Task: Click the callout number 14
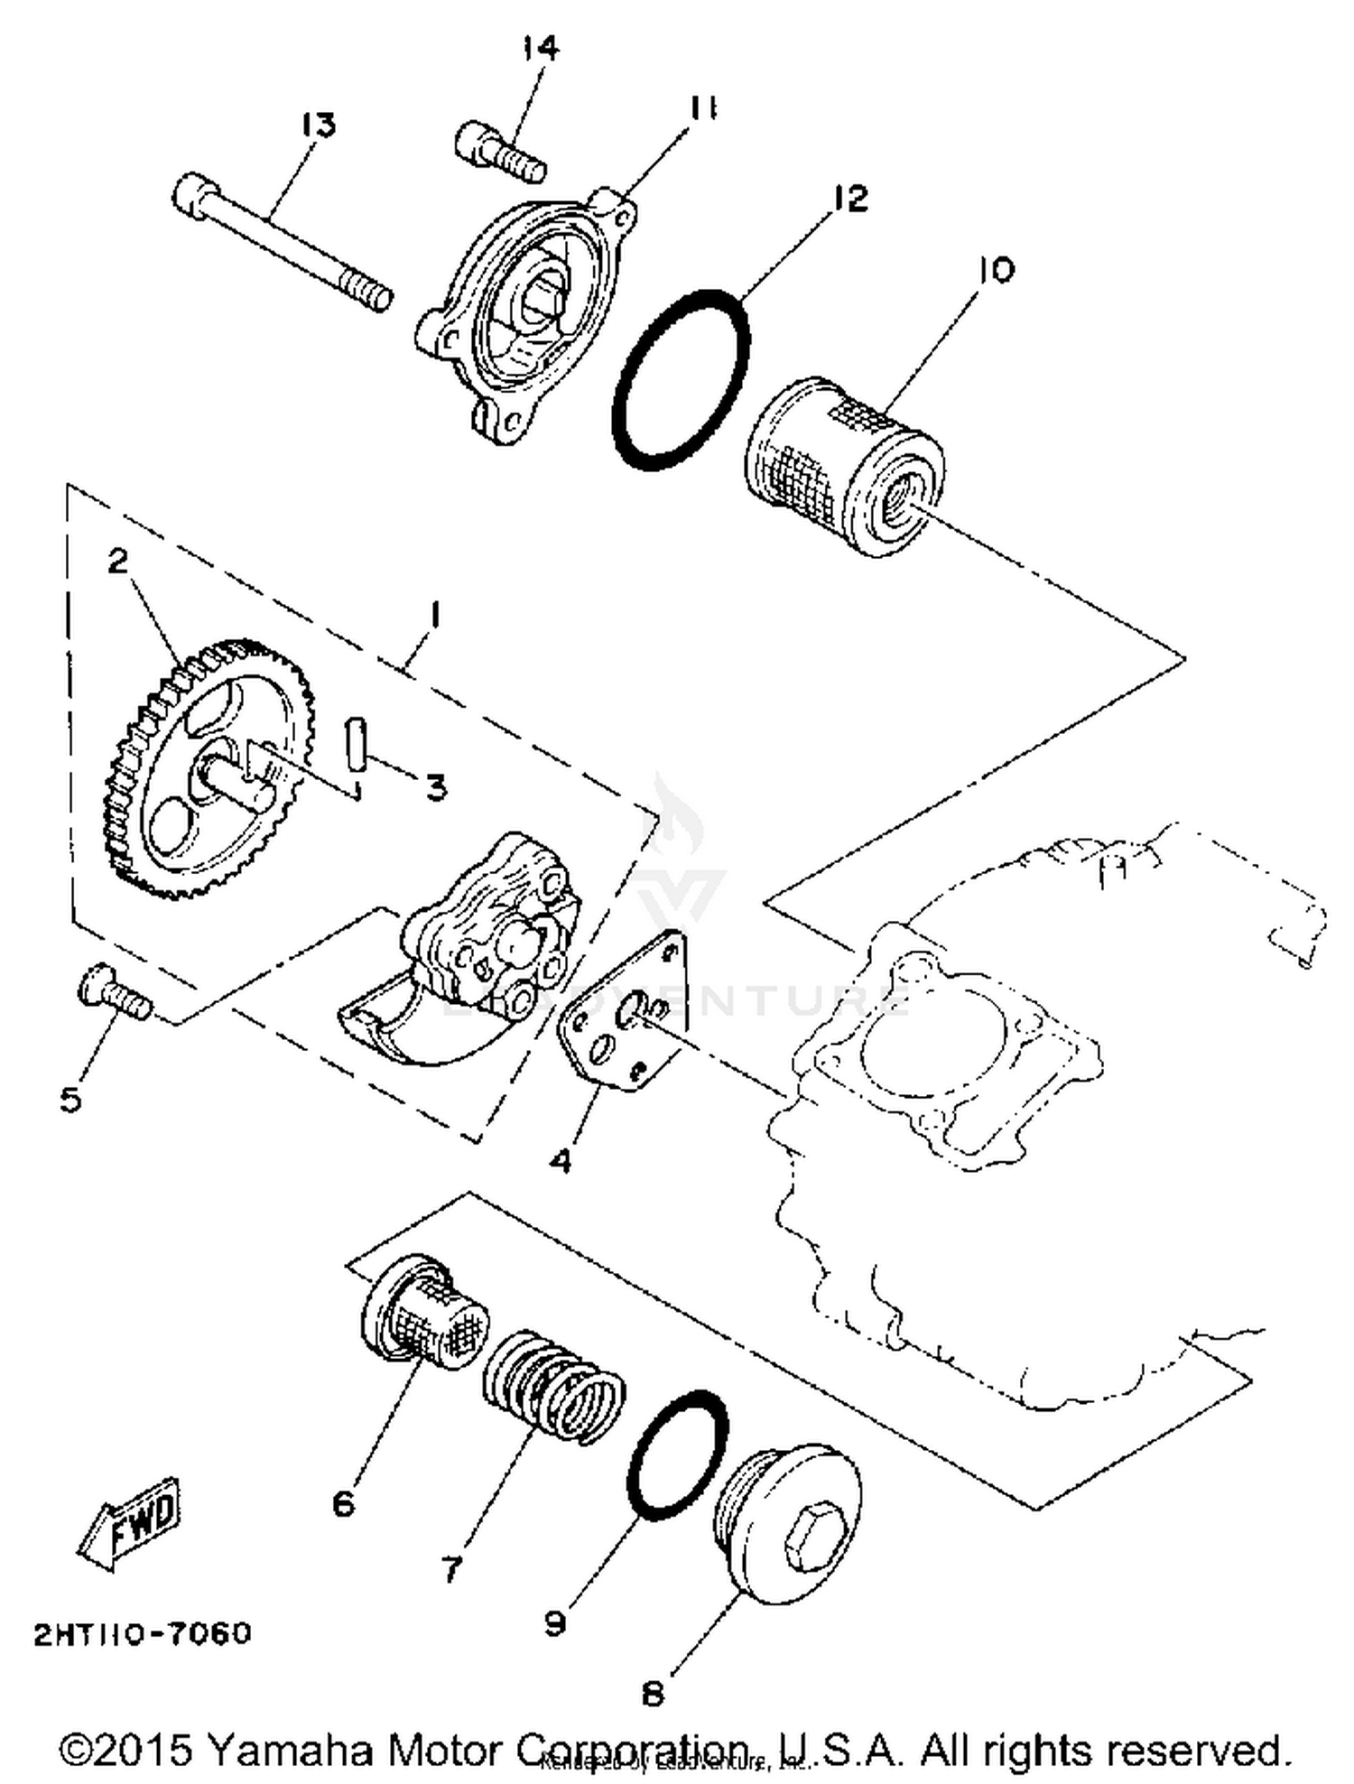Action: (541, 48)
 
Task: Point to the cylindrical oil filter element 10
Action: (846, 466)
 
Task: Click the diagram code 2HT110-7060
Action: (143, 1633)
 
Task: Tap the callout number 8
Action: (652, 1694)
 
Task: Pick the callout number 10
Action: (996, 270)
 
